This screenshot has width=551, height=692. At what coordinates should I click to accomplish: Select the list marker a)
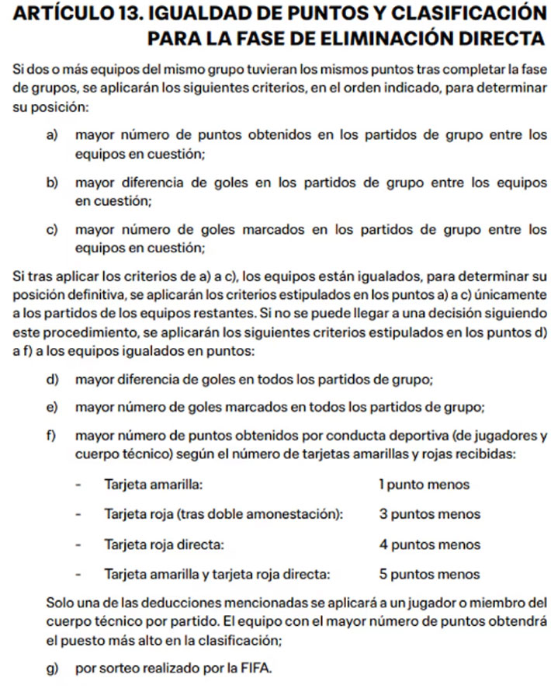(54, 135)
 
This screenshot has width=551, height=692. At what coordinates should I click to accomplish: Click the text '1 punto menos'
(424, 485)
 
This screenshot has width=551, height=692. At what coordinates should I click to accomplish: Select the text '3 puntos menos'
(429, 514)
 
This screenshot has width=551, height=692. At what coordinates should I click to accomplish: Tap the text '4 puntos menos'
(429, 544)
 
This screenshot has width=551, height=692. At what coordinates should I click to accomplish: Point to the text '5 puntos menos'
(429, 575)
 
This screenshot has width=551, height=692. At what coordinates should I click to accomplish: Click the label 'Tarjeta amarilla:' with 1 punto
(154, 485)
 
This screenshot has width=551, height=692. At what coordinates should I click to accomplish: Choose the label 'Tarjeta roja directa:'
(165, 544)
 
